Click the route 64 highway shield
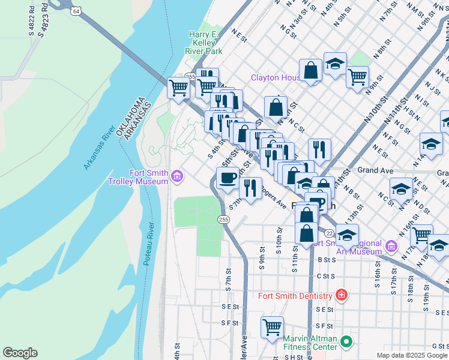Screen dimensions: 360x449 (75, 11)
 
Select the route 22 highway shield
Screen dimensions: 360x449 (329, 233)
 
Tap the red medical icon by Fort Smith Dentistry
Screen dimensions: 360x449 (341, 295)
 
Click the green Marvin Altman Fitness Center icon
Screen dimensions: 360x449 (346, 342)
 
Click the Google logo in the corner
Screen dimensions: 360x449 (20, 353)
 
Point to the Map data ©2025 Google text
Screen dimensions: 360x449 (412, 355)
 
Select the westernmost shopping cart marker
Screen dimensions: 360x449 (179, 88)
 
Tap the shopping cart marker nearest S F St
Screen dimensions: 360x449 (272, 328)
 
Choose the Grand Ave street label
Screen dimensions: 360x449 (375, 170)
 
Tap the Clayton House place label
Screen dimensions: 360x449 (276, 78)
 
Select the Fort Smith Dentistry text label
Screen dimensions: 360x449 (295, 296)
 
